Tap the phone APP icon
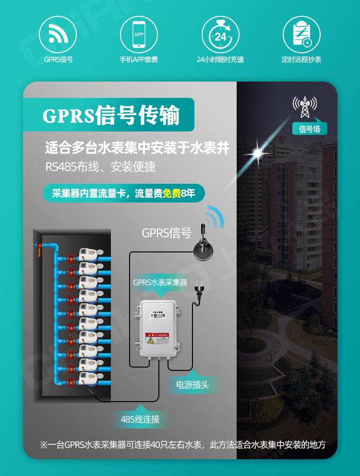tap(139, 34)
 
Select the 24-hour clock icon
tap(220, 34)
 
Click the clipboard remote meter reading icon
tap(301, 34)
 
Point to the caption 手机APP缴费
tap(139, 60)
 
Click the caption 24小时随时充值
tap(220, 60)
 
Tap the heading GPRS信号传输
tap(111, 116)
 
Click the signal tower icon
tap(305, 107)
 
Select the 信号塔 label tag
tap(310, 129)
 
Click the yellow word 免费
tap(172, 193)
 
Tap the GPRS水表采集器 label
tap(160, 282)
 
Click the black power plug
tap(197, 290)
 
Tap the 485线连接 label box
tap(140, 419)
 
